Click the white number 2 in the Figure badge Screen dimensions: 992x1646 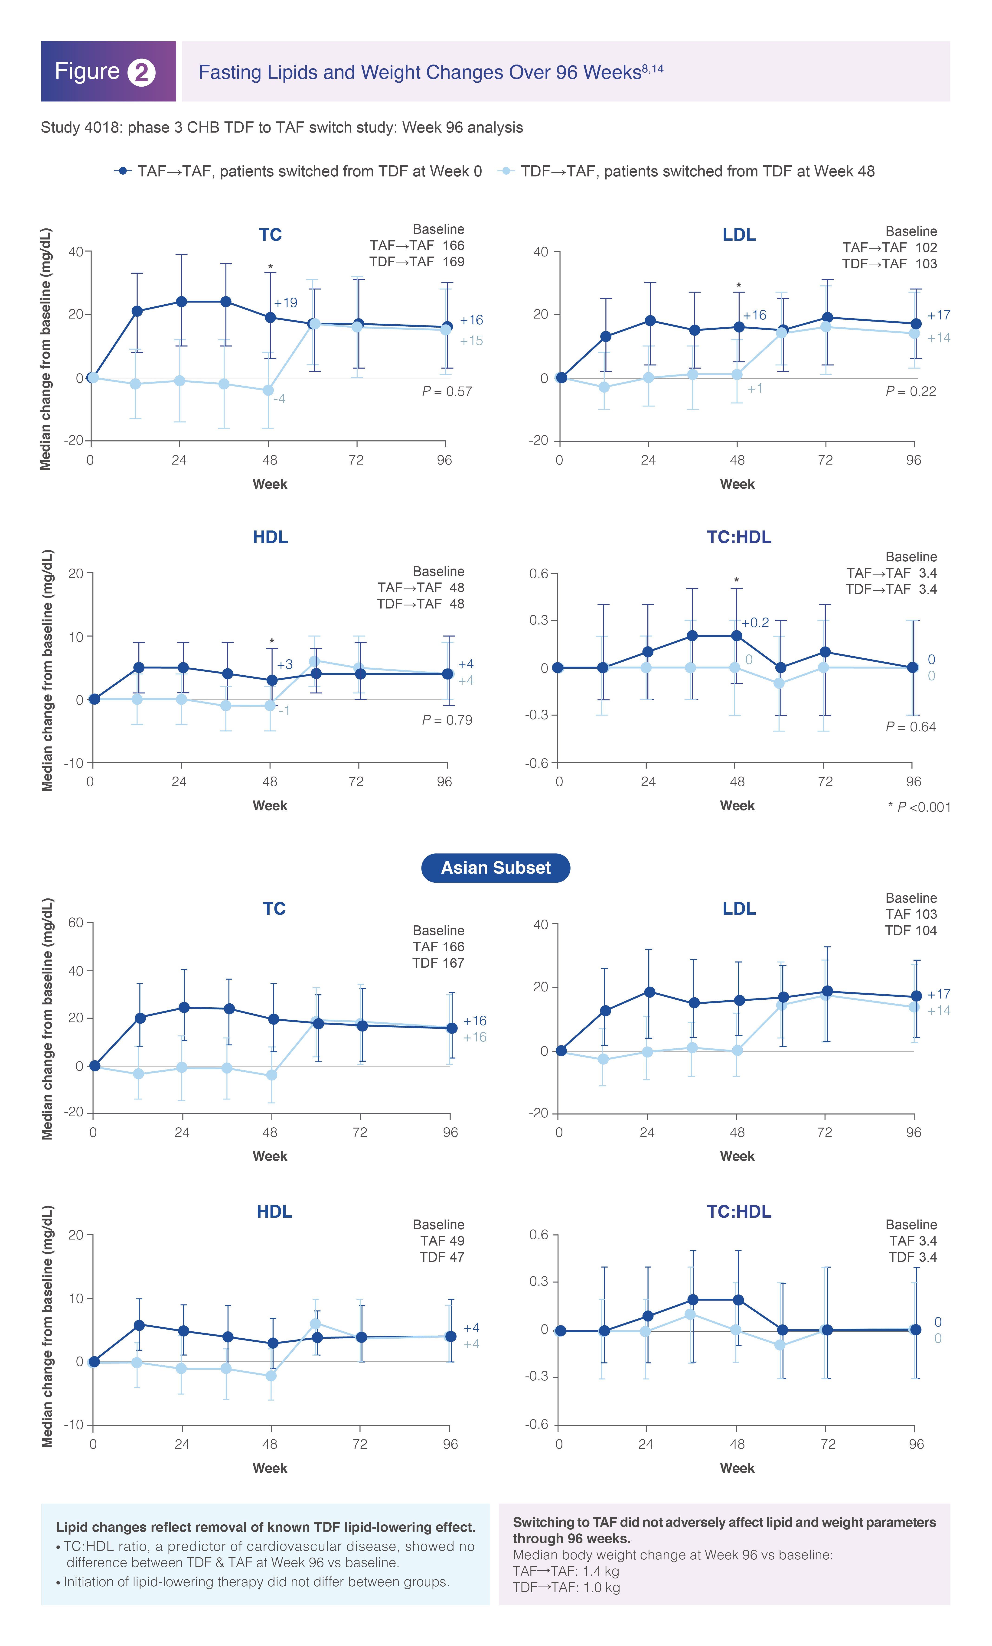(x=141, y=72)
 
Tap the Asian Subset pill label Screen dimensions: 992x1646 (x=496, y=867)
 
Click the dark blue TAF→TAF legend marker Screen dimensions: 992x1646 (x=122, y=171)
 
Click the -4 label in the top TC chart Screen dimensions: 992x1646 (x=279, y=399)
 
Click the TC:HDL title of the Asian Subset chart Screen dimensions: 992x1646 (x=739, y=1211)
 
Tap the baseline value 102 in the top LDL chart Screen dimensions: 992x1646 (x=926, y=247)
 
